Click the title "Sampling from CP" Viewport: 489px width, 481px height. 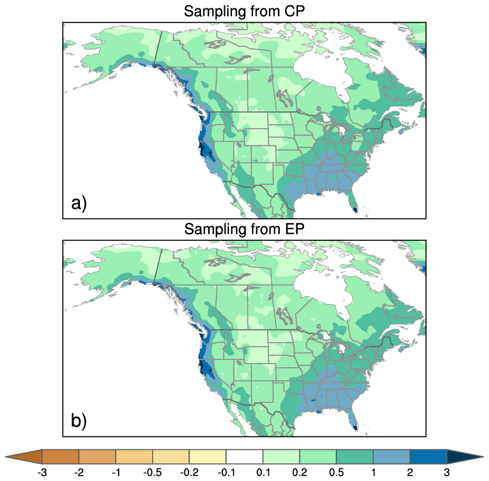[244, 11]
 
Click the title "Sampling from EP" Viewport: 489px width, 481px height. [244, 229]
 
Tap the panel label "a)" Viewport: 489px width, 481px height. [79, 204]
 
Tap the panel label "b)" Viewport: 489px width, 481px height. [79, 421]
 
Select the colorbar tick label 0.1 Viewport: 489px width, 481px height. [263, 472]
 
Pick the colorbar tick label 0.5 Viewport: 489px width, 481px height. [337, 472]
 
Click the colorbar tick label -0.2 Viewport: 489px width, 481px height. [189, 472]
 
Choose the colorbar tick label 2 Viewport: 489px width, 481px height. [410, 472]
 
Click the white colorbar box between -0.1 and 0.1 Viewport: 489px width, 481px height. [244, 457]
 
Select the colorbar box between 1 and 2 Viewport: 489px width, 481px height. [392, 457]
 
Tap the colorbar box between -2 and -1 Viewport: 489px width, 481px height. [97, 457]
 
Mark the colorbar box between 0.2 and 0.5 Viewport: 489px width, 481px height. [318, 457]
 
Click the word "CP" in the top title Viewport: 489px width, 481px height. [293, 11]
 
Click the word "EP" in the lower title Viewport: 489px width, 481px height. [293, 229]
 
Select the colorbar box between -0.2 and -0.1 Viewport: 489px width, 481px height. [208, 457]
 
